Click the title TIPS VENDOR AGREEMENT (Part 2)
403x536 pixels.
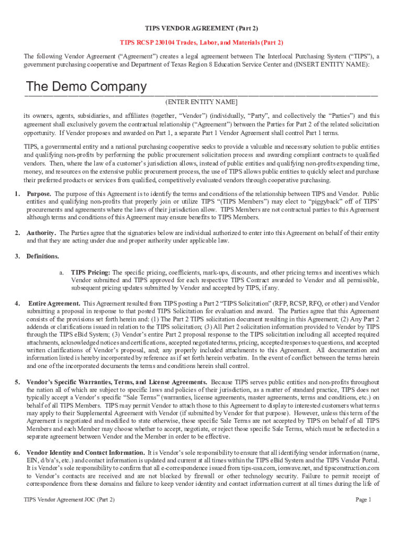point(201,27)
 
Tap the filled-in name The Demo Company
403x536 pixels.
point(86,86)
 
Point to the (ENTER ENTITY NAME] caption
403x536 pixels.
point(201,102)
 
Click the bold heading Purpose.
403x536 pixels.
point(39,194)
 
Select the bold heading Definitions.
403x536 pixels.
point(43,256)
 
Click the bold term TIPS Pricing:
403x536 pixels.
point(91,273)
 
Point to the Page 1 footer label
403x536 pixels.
point(363,500)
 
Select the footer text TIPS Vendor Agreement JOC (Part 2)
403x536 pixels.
point(69,500)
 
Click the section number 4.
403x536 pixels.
point(17,304)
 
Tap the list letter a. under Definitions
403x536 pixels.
point(61,273)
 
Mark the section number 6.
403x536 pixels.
point(17,452)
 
